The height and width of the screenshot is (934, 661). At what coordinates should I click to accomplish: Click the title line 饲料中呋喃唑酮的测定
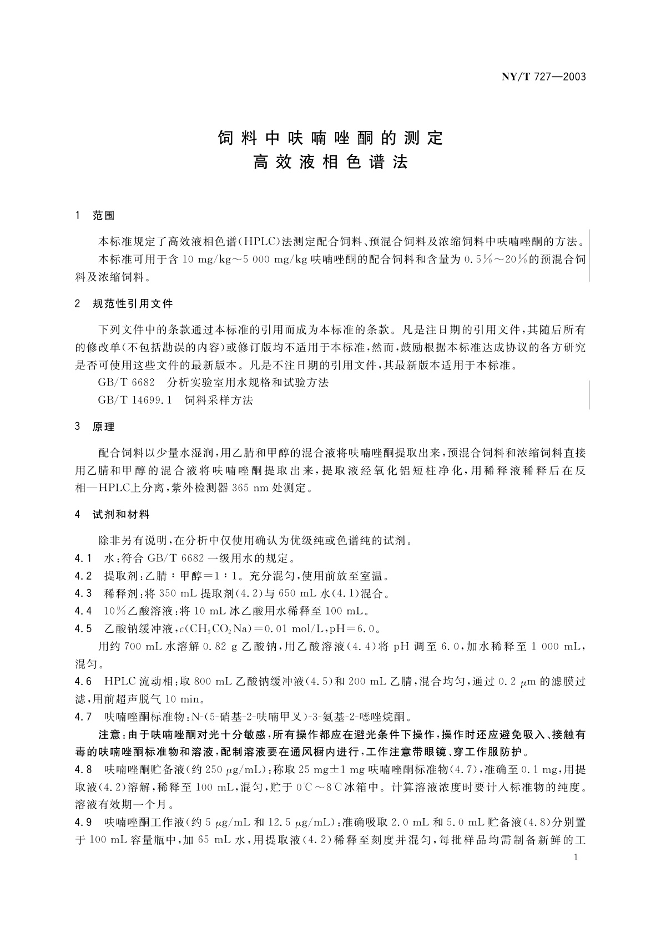331,138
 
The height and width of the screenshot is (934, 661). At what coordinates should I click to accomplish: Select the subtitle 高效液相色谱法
331,163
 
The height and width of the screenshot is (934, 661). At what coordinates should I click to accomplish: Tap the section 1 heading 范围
104,216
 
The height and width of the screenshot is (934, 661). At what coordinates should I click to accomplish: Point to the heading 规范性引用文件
133,304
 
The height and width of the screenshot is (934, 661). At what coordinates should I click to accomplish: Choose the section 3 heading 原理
104,427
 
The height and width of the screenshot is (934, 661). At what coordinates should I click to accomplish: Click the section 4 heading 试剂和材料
121,515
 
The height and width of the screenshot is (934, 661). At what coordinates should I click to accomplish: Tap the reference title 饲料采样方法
219,400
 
